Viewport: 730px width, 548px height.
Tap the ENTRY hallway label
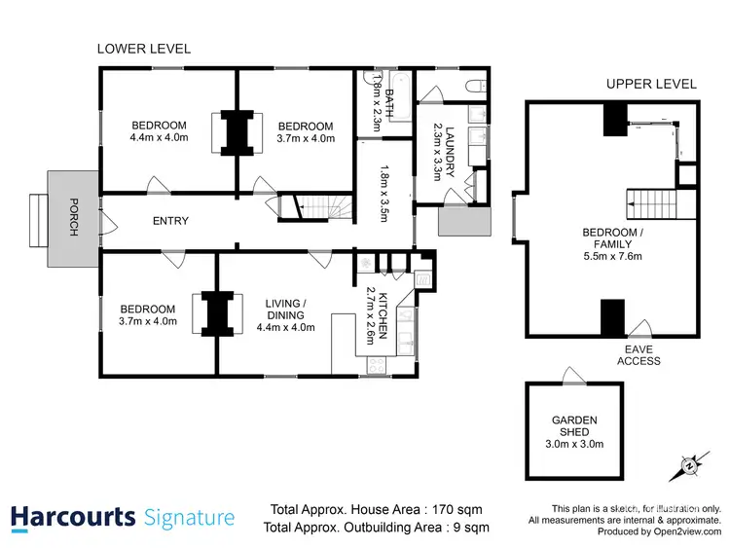[x=170, y=221]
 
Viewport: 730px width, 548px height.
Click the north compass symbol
[x=690, y=465]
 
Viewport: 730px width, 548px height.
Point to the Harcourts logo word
[x=73, y=517]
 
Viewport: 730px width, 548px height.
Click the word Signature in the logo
[x=189, y=518]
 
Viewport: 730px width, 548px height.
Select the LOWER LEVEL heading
[x=144, y=49]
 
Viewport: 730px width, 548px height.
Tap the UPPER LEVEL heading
[x=651, y=84]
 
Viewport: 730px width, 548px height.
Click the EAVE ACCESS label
[x=639, y=354]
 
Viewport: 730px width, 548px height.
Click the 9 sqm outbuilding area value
[x=468, y=528]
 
